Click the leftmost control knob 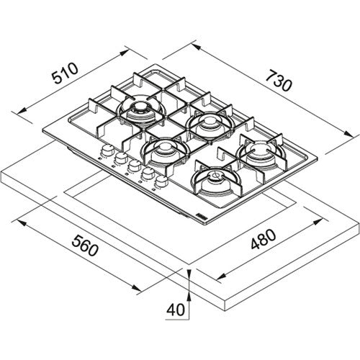coord(106,150)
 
